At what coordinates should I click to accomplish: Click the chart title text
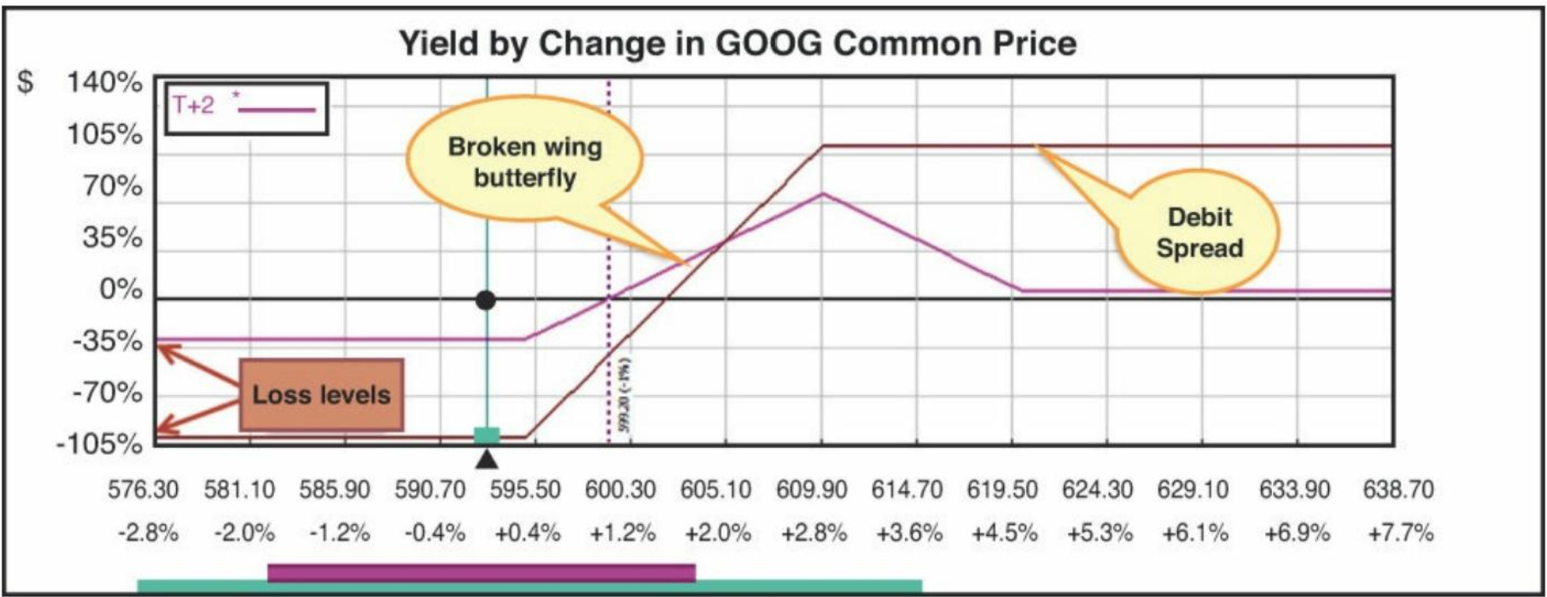pyautogui.click(x=737, y=43)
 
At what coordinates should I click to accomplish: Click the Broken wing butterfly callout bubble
pyautogui.click(x=524, y=161)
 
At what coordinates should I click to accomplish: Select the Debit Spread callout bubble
pyautogui.click(x=1199, y=232)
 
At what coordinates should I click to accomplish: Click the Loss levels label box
pyautogui.click(x=321, y=394)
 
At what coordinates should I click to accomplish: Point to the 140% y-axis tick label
pyautogui.click(x=104, y=82)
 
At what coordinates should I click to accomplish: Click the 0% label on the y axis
pyautogui.click(x=121, y=290)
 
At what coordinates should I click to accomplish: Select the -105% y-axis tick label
pyautogui.click(x=100, y=444)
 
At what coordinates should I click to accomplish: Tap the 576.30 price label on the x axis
pyautogui.click(x=143, y=490)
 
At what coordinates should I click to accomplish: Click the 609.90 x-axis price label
pyautogui.click(x=811, y=490)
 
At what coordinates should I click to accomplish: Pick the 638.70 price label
pyautogui.click(x=1397, y=490)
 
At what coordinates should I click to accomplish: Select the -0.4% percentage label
pyautogui.click(x=435, y=533)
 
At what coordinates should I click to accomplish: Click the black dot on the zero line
pyautogui.click(x=485, y=300)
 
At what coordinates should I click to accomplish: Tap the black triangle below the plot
pyautogui.click(x=487, y=459)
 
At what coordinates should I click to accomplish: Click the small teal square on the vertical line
pyautogui.click(x=487, y=436)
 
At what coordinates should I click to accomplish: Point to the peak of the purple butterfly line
pyautogui.click(x=823, y=193)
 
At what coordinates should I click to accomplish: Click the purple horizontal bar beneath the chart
pyautogui.click(x=481, y=573)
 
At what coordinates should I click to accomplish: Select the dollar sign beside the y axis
pyautogui.click(x=26, y=82)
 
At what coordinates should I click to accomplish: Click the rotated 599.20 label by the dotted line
pyautogui.click(x=625, y=396)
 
